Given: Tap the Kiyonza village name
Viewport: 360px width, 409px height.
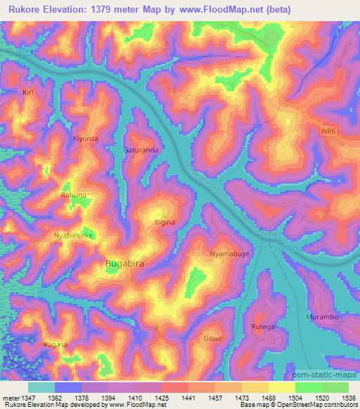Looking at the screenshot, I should [x=86, y=138].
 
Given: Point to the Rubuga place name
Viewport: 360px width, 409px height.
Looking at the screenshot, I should [x=75, y=195].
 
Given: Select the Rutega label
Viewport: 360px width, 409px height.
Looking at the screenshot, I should [x=264, y=325].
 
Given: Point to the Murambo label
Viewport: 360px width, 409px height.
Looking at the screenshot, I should [x=323, y=318].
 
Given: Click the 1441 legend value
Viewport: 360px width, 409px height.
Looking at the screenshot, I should [x=187, y=398].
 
